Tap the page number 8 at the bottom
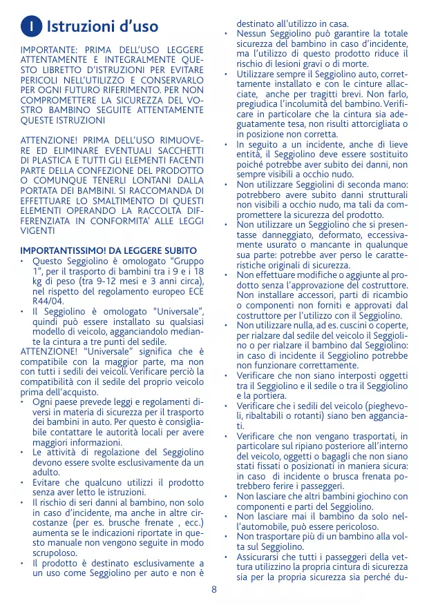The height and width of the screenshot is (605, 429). [214, 589]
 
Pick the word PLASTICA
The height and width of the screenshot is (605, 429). [55, 161]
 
